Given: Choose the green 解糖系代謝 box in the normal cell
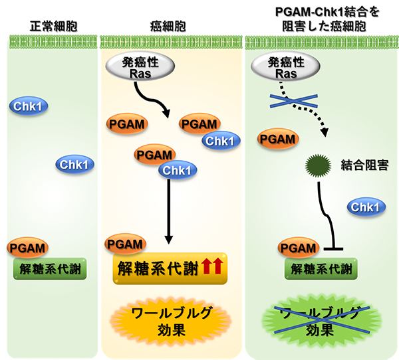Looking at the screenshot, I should click(50, 268).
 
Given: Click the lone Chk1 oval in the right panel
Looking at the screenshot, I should click(364, 209).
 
